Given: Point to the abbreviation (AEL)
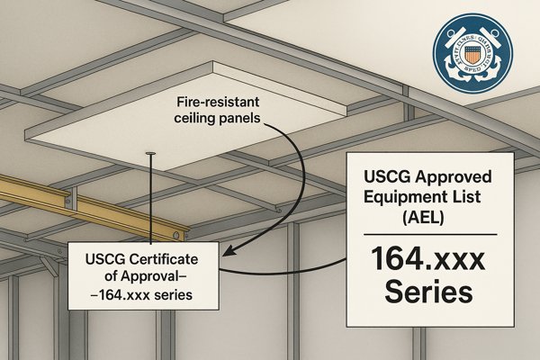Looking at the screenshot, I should point(428,216).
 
